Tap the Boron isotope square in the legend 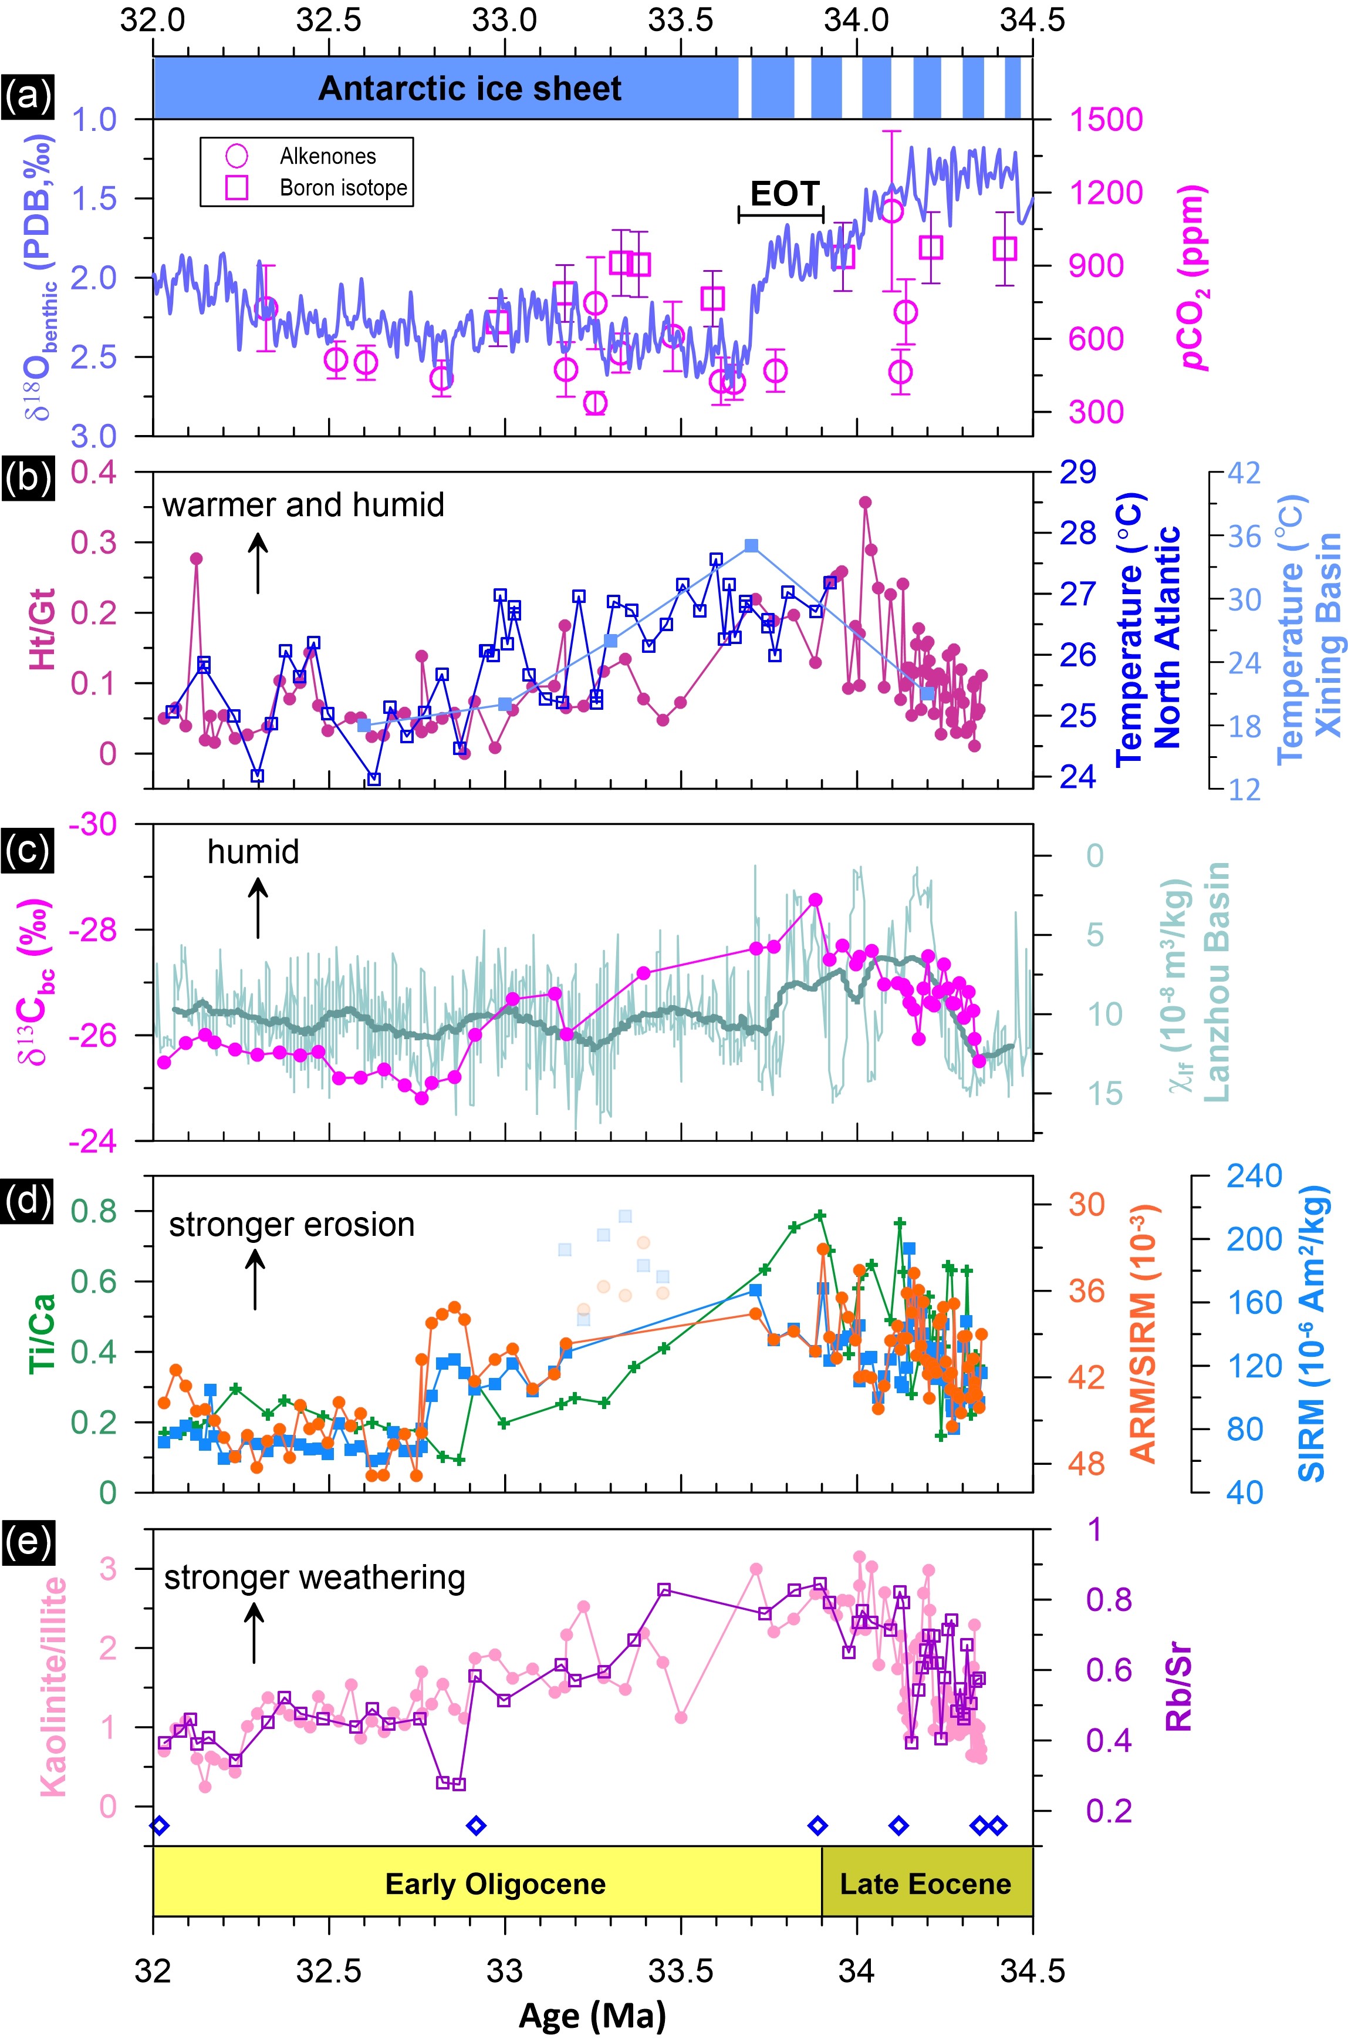tap(237, 187)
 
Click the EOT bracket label tap(785, 194)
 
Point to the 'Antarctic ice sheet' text tap(469, 89)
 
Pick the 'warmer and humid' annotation tap(303, 505)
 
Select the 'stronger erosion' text tap(292, 1225)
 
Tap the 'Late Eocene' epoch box tap(926, 1884)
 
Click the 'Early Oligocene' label tap(495, 1884)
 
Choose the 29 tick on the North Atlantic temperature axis tap(1077, 472)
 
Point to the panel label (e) tap(28, 1545)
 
